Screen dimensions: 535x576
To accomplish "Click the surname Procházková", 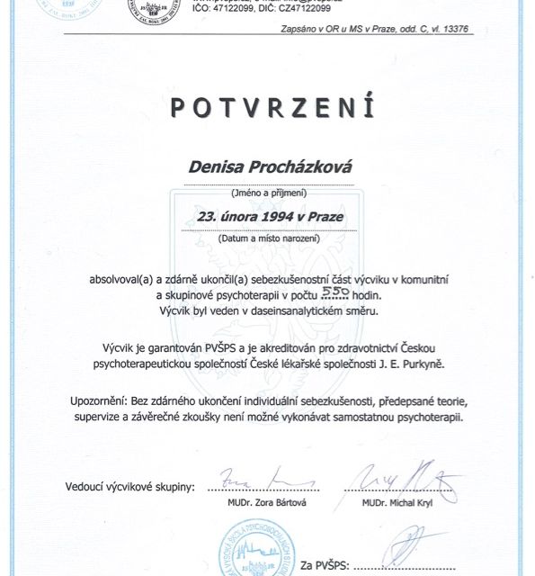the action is click(x=299, y=167).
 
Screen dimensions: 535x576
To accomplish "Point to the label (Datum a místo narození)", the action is click(x=268, y=240).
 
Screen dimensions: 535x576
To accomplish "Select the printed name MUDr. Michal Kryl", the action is click(x=399, y=502).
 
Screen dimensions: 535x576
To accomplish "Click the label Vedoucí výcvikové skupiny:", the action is click(x=129, y=487).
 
